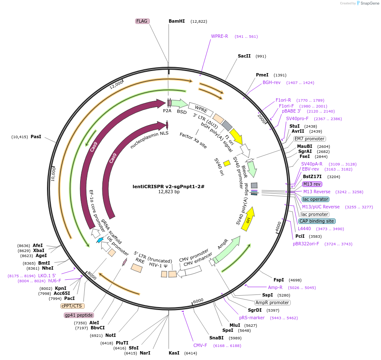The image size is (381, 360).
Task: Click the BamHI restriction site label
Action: click(x=177, y=21)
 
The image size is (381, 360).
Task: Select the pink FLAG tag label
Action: click(x=142, y=21)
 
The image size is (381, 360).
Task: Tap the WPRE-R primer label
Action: click(x=219, y=36)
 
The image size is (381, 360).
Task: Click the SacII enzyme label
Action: click(x=244, y=56)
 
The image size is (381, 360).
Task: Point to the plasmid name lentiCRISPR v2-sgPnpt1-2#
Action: click(x=168, y=186)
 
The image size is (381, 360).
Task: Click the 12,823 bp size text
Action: click(x=168, y=192)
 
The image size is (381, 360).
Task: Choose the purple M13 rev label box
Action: click(x=312, y=184)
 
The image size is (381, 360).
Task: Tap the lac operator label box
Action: click(x=316, y=199)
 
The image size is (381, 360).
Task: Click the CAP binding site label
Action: click(x=317, y=221)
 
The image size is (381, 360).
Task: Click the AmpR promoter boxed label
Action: click(x=272, y=302)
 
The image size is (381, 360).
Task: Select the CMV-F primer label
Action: click(x=200, y=345)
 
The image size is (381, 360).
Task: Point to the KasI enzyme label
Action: click(x=174, y=353)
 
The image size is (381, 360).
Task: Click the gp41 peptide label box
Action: click(x=78, y=315)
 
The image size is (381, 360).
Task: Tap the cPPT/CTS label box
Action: click(x=72, y=306)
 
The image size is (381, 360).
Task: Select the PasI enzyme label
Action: click(x=36, y=137)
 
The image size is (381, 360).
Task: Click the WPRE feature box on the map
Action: click(x=201, y=108)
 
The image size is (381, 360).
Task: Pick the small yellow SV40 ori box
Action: click(x=227, y=163)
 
